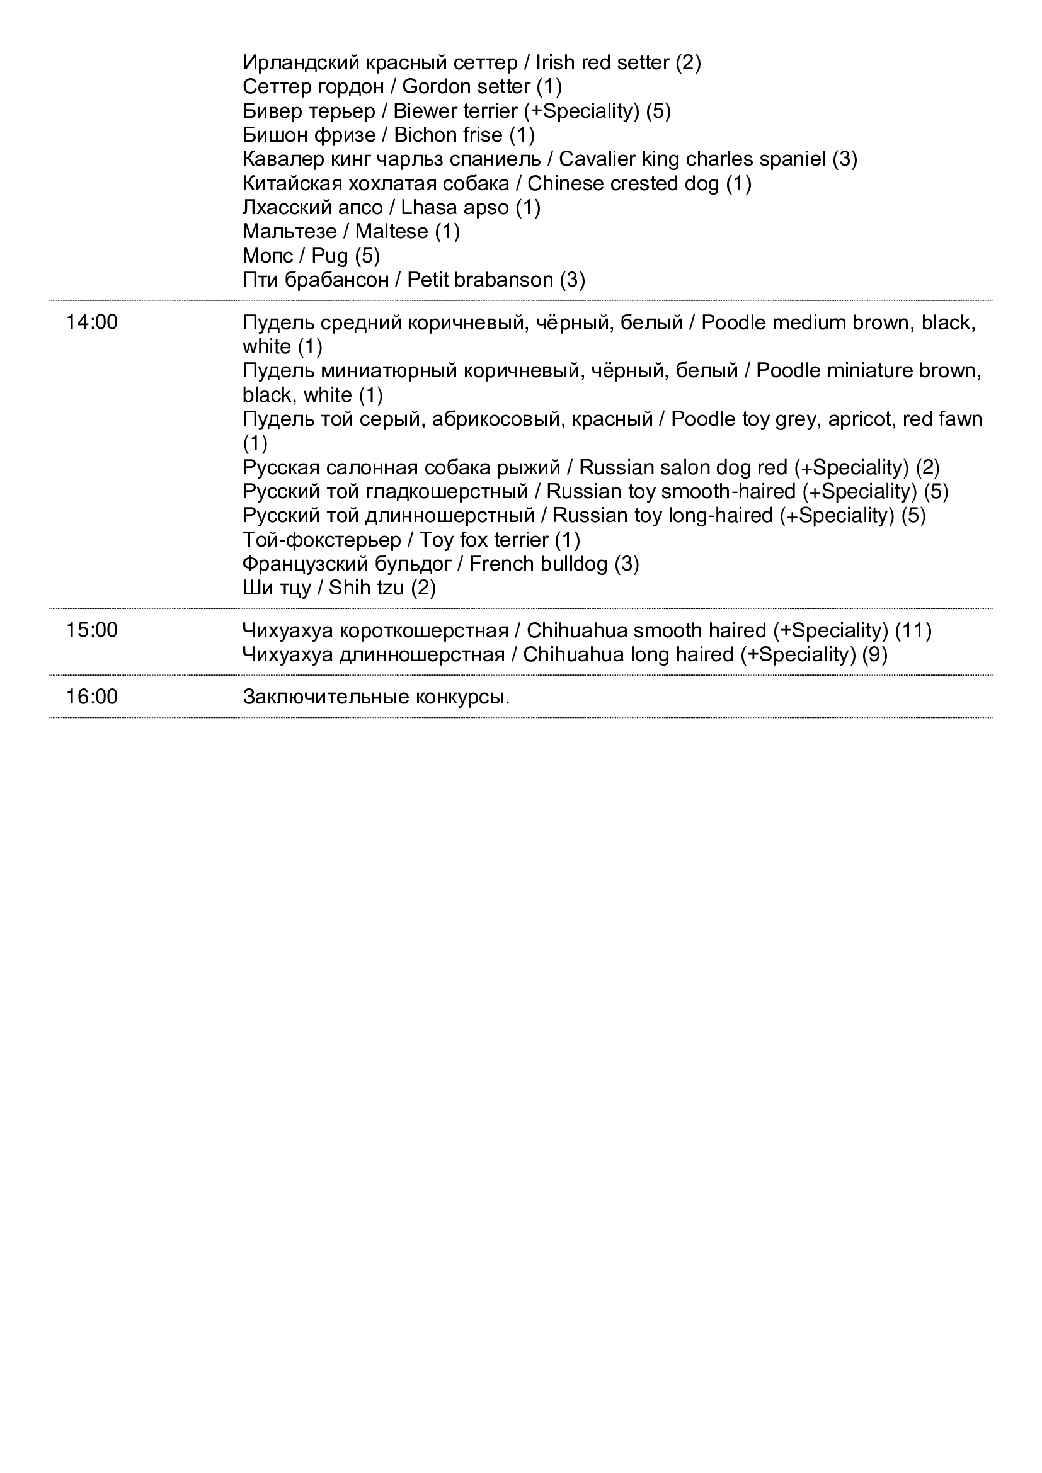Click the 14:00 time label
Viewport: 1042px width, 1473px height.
tap(92, 322)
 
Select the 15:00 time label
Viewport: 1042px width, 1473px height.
tap(92, 630)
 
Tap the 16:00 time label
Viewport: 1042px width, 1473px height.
tap(92, 697)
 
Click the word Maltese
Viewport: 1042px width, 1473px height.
tap(391, 231)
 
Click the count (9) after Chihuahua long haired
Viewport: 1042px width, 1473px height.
tap(875, 655)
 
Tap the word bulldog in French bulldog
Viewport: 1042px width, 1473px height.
tap(575, 564)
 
